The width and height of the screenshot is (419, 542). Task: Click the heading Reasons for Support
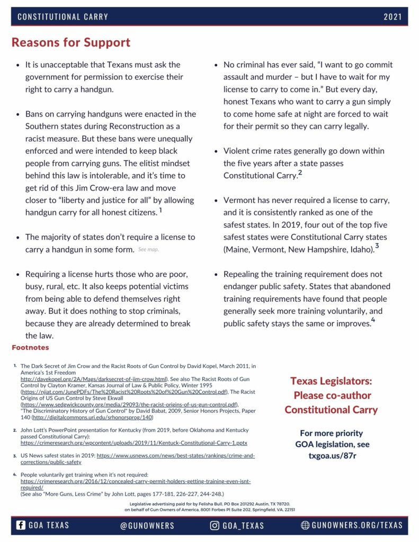(x=70, y=42)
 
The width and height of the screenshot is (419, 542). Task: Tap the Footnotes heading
(x=30, y=348)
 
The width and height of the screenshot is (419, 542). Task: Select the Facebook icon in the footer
(x=21, y=526)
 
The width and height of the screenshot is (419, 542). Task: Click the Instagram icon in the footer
(x=215, y=526)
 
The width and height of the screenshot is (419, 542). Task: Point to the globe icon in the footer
(x=305, y=526)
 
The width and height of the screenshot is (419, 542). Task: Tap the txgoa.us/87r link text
(x=332, y=455)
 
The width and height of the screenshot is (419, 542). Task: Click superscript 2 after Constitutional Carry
(x=300, y=173)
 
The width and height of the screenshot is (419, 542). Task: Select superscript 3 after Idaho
(x=377, y=246)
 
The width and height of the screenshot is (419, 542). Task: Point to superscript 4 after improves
(x=373, y=320)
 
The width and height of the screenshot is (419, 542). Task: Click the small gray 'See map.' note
(x=148, y=249)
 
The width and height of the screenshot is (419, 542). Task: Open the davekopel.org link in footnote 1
(x=93, y=380)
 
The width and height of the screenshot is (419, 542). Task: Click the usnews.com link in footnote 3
(x=175, y=455)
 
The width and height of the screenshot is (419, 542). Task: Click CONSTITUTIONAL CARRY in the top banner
(x=63, y=16)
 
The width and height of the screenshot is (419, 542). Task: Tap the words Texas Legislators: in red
(x=331, y=381)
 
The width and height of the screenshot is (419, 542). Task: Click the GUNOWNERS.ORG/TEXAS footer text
(x=356, y=526)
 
